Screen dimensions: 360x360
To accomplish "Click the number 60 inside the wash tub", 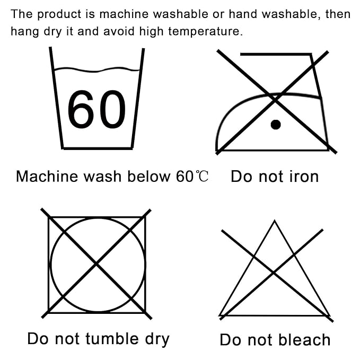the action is click(x=96, y=109).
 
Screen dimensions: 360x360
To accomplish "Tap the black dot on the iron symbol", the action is click(x=276, y=125).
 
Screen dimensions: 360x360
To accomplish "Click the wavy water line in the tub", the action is click(x=96, y=69).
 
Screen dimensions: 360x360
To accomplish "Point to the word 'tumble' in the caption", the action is click(x=112, y=339).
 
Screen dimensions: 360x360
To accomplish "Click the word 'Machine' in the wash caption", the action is click(x=47, y=177).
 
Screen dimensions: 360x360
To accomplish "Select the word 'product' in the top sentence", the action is click(x=59, y=14).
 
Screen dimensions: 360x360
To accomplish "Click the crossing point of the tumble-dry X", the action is click(x=96, y=264).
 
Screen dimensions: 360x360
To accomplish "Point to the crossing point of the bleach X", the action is click(x=273, y=273).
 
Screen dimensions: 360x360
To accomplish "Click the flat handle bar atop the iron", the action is click(x=276, y=54).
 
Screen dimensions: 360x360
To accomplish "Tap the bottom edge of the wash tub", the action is click(x=98, y=148).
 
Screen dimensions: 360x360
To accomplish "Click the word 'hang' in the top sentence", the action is click(x=25, y=31).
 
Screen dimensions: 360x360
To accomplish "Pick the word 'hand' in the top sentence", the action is click(x=243, y=14).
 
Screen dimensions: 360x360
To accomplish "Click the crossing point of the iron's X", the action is click(x=275, y=100).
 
